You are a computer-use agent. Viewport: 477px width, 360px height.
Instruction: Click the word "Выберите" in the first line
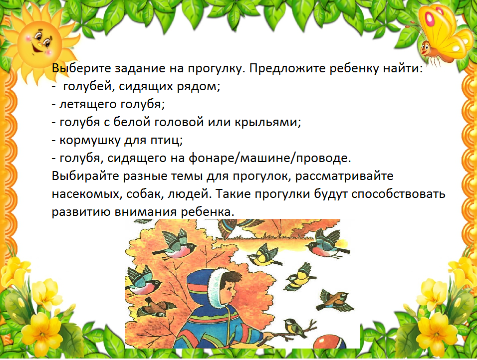81,68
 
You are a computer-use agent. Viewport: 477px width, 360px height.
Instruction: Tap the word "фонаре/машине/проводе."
270,158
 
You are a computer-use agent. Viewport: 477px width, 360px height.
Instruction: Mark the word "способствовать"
398,194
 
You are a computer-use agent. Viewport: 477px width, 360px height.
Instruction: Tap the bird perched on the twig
294,328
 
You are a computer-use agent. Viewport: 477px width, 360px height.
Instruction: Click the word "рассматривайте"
344,176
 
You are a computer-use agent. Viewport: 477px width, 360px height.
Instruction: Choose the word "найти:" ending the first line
403,68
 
